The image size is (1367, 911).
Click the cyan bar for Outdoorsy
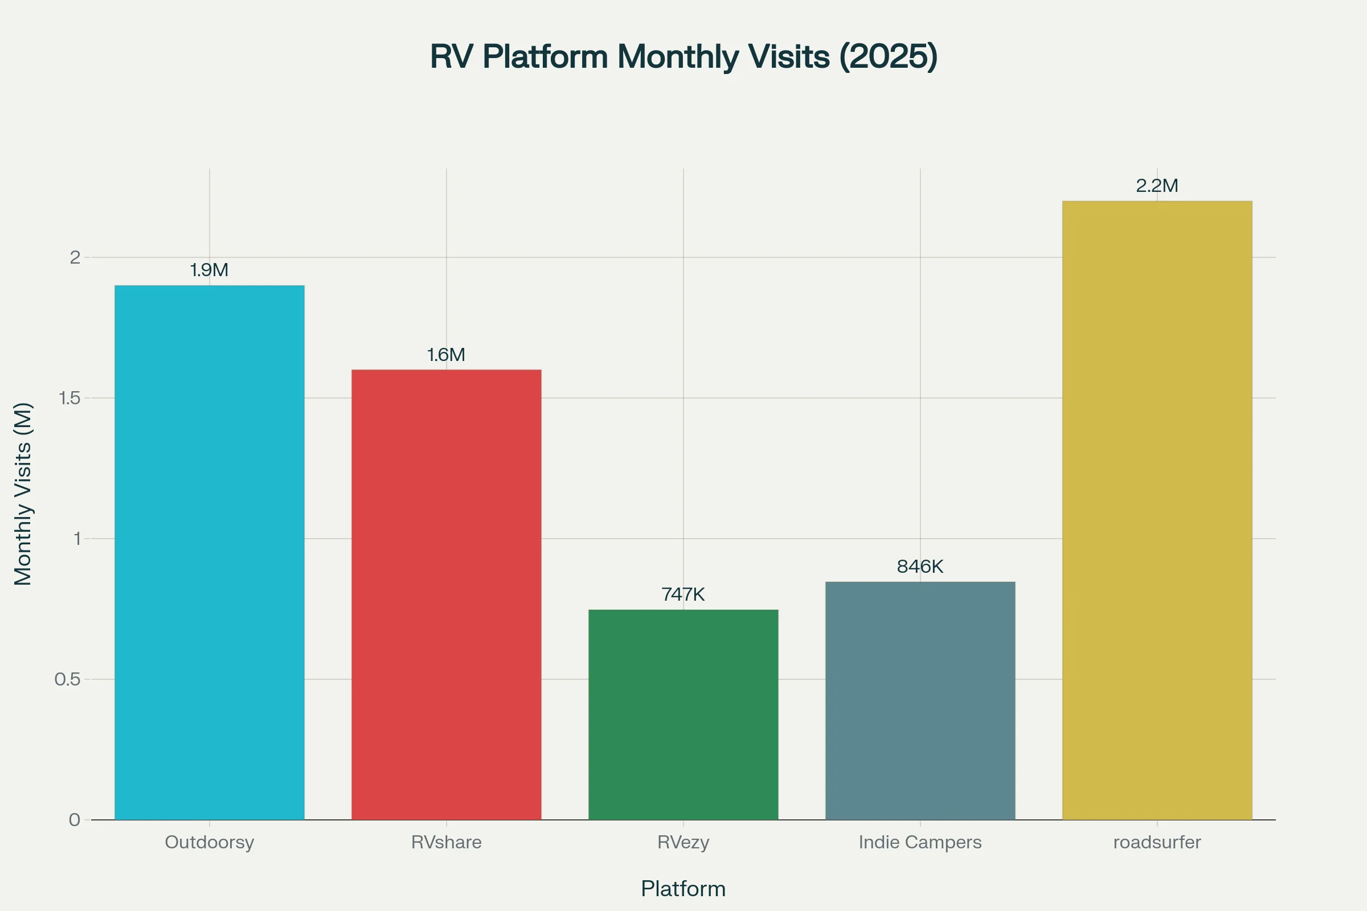coord(209,552)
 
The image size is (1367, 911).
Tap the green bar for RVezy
coord(683,715)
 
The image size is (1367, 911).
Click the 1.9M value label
coord(209,270)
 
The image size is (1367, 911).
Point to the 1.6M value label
coord(447,355)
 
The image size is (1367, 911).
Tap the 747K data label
coord(683,594)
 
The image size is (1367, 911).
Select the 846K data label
coord(920,567)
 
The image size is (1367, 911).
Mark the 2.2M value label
coord(1157,186)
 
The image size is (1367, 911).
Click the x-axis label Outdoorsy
coord(209,842)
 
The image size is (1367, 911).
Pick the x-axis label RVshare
coord(447,842)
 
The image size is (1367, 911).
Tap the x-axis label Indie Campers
coord(920,842)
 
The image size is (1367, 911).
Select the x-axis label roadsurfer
coord(1157,842)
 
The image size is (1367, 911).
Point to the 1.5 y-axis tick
coord(69,398)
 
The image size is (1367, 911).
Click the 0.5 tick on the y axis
coord(67,679)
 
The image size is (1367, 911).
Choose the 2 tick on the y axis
coord(75,257)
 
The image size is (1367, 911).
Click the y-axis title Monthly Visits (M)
coord(23,494)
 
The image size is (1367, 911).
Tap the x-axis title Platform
coord(683,889)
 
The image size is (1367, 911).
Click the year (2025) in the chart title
coord(888,57)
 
